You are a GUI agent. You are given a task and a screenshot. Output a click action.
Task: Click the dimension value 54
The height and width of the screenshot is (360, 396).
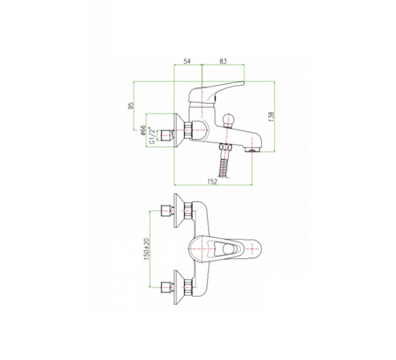pos(187,62)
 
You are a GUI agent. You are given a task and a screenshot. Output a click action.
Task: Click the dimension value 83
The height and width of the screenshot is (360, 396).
pos(223,62)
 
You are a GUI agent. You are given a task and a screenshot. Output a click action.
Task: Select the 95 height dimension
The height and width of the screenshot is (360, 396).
pos(131,105)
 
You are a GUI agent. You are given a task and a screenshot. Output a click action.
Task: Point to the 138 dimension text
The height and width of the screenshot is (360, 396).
pos(271,117)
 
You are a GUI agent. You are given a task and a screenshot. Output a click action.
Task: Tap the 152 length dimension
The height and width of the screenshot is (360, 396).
pos(212,182)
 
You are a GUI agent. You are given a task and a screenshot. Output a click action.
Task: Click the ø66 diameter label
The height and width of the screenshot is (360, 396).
pos(143,130)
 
